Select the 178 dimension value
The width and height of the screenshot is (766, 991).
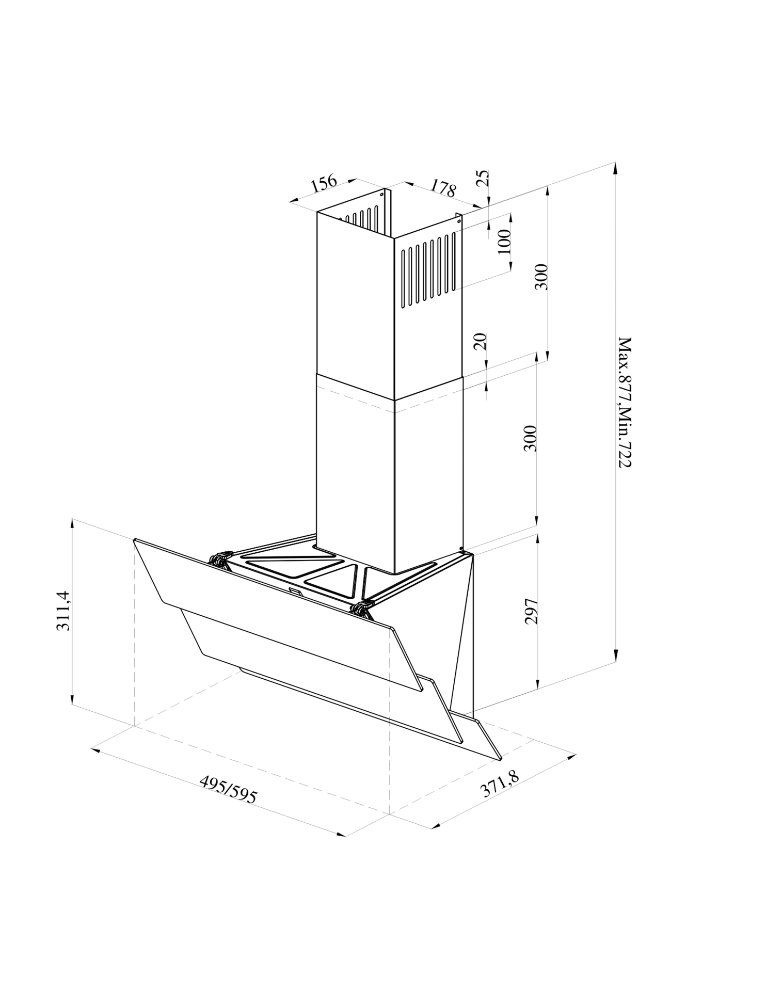pos(443,188)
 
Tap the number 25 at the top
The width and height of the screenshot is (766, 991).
pos(483,179)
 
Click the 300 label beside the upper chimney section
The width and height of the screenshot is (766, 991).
pos(540,277)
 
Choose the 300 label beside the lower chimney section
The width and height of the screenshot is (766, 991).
pos(530,439)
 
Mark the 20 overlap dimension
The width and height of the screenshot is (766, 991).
pos(481,342)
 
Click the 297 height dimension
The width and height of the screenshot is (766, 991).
pos(531,612)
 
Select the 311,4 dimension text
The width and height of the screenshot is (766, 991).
pos(63,611)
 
